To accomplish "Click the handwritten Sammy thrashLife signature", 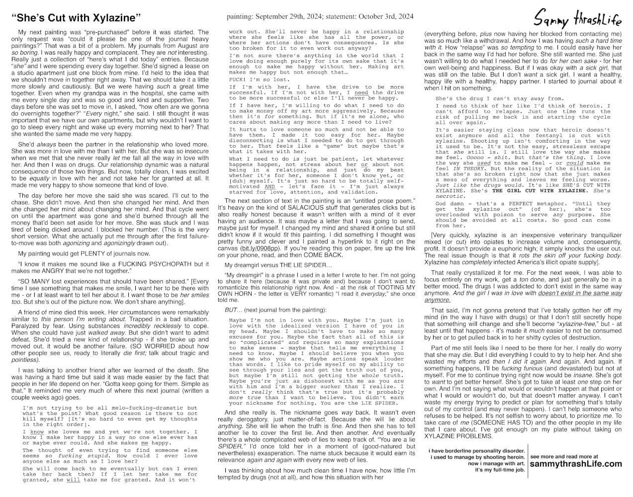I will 577,19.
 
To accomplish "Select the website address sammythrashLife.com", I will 576,464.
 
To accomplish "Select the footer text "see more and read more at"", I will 564,456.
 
